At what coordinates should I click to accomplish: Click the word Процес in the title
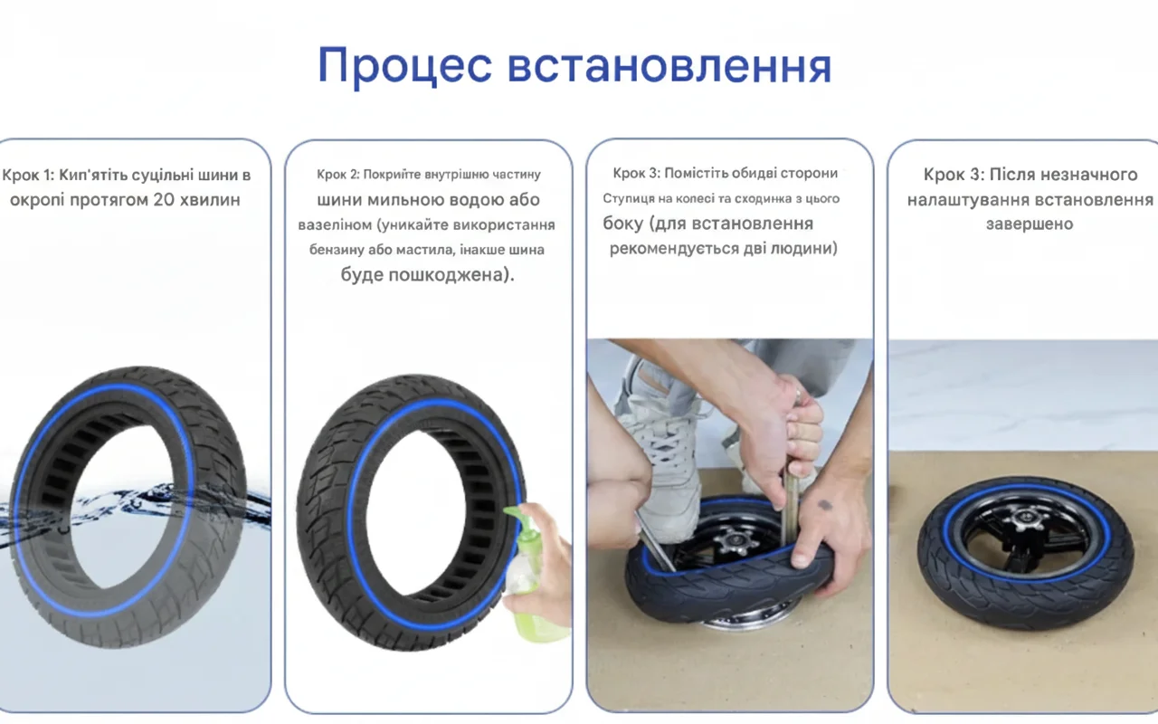click(x=404, y=66)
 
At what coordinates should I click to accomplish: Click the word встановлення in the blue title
click(x=670, y=66)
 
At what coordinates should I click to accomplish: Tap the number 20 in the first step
click(x=164, y=200)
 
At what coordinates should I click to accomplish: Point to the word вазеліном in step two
click(x=335, y=225)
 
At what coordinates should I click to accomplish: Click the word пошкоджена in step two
click(x=446, y=274)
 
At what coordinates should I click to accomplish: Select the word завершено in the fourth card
click(x=1030, y=224)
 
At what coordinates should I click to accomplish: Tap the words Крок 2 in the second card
click(x=338, y=175)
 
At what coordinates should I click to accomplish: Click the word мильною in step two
click(x=399, y=200)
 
